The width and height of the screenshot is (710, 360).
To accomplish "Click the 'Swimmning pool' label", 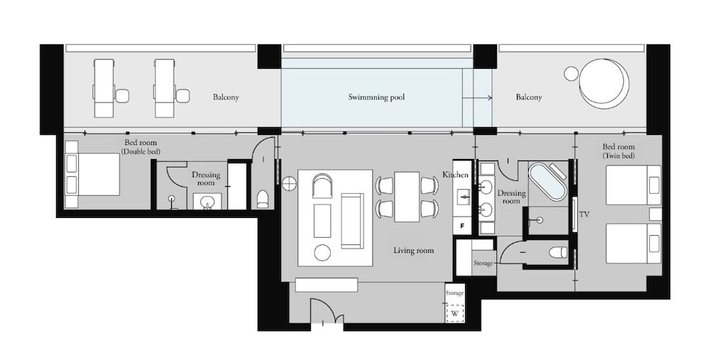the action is pyautogui.click(x=376, y=97).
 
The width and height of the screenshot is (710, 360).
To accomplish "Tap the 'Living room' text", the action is pyautogui.click(x=413, y=250).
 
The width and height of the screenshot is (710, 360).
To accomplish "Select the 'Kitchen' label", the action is pyautogui.click(x=455, y=175).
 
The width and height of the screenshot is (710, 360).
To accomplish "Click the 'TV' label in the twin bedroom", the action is pyautogui.click(x=584, y=214).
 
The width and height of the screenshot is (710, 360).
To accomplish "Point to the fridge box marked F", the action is pyautogui.click(x=462, y=226).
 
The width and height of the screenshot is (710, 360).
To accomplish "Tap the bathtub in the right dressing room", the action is pyautogui.click(x=548, y=182).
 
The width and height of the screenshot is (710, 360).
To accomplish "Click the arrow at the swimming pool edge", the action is pyautogui.click(x=477, y=97).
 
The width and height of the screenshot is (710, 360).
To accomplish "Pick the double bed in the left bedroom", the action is pyautogui.click(x=92, y=175).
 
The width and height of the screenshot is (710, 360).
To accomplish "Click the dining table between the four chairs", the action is pyautogui.click(x=407, y=197).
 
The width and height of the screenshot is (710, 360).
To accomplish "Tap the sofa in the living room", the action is pyautogui.click(x=352, y=221).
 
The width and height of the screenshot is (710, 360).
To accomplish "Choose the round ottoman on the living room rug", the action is pyautogui.click(x=322, y=252).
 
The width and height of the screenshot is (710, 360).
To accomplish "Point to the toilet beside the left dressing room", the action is pyautogui.click(x=262, y=199).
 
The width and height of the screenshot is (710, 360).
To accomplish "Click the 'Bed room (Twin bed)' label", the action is pyautogui.click(x=618, y=151).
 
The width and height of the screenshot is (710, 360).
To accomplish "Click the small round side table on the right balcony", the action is pyautogui.click(x=572, y=73).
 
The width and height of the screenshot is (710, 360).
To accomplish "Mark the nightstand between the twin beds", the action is pyautogui.click(x=655, y=214).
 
